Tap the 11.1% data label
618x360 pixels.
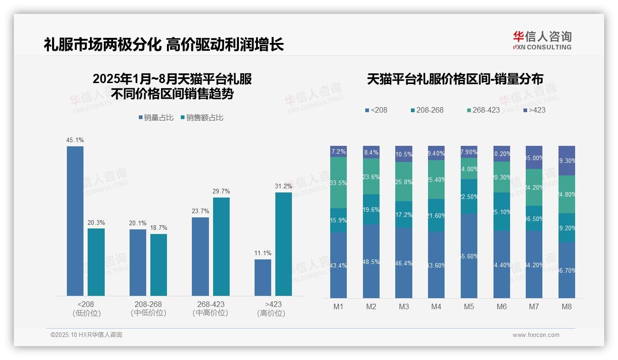[x=263, y=253]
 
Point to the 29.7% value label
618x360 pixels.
[x=221, y=191]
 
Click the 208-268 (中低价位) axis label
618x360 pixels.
[x=148, y=308]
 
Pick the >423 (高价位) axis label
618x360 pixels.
[x=273, y=308]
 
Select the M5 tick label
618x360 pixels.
[x=469, y=306]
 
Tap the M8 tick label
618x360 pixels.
[x=567, y=306]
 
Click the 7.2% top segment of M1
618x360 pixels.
[x=339, y=151]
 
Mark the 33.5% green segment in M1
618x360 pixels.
[x=339, y=182]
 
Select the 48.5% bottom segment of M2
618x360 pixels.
[x=371, y=261]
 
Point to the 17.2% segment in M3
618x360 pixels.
[x=404, y=214]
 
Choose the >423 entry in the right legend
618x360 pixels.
[x=535, y=110]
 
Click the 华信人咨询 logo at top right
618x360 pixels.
[x=542, y=40]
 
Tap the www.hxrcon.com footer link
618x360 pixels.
[x=536, y=335]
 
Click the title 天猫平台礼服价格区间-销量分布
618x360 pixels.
[x=455, y=79]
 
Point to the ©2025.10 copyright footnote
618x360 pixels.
[x=86, y=335]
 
